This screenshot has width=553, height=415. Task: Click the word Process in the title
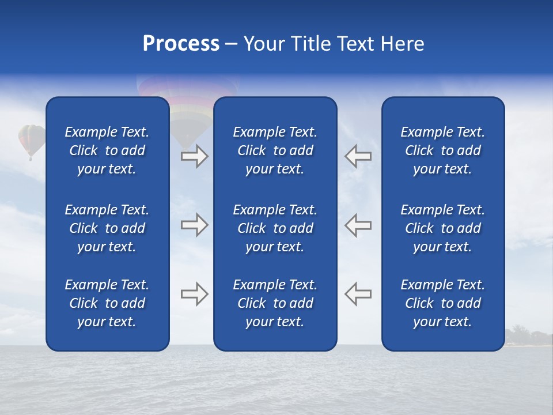tap(181, 44)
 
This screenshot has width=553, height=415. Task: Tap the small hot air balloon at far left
tap(32, 140)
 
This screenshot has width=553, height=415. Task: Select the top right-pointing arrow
tap(194, 156)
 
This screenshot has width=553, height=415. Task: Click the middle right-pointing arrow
tap(194, 225)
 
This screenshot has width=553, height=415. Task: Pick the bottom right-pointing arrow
tap(194, 294)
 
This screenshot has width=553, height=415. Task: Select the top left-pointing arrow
tap(358, 156)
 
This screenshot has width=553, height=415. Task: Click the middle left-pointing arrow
tap(358, 225)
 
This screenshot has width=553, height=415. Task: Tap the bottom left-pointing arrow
tap(358, 294)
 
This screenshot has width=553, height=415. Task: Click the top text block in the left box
tap(107, 150)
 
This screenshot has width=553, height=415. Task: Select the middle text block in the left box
tap(107, 228)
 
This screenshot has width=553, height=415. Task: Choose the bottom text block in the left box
tap(107, 303)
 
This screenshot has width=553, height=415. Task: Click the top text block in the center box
tap(275, 150)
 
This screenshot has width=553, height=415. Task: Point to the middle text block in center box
tap(275, 228)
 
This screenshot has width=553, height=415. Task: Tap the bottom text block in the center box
tap(275, 303)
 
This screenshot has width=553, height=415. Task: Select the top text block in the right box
tap(442, 150)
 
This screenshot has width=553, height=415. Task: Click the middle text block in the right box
tap(442, 228)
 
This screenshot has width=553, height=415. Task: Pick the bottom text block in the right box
tap(442, 303)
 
